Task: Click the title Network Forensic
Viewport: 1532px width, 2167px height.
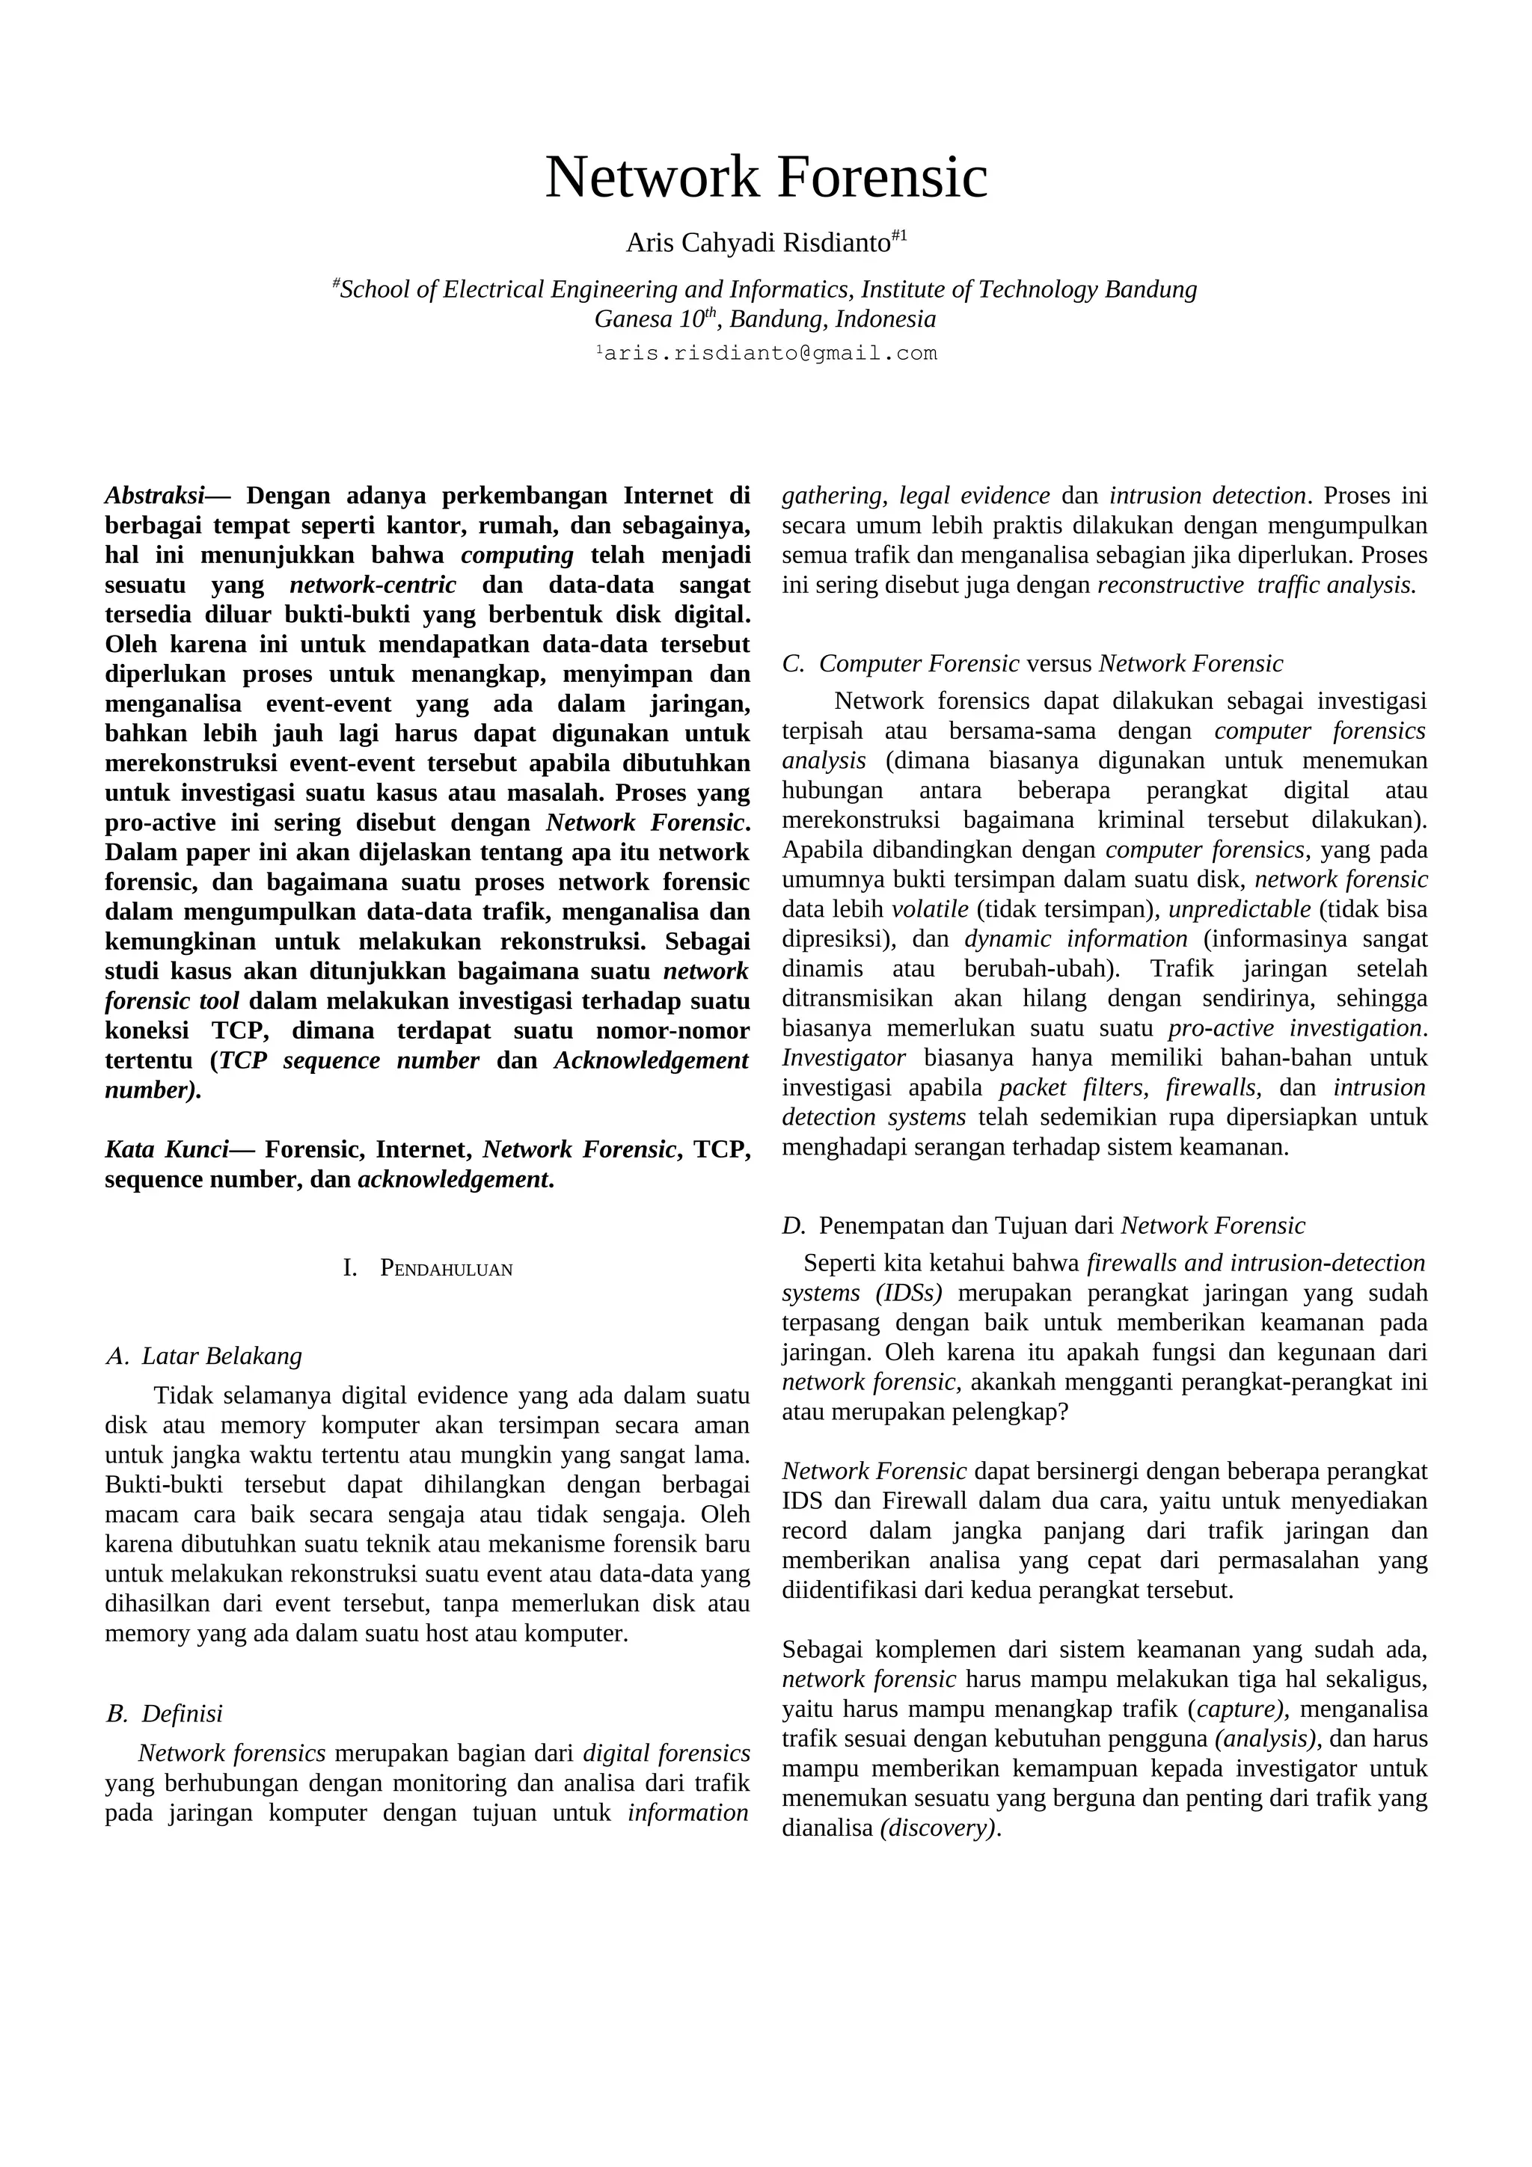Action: [x=765, y=177]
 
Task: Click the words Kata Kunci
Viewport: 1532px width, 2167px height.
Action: [x=166, y=1149]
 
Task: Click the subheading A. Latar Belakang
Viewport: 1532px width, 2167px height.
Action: [x=205, y=1356]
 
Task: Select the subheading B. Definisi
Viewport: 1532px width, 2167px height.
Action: [x=165, y=1713]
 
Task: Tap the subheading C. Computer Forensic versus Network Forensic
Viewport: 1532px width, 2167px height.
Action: [x=1032, y=663]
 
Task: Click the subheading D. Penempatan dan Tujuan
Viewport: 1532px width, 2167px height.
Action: [x=1043, y=1226]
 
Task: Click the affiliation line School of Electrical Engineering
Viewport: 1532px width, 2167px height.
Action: [x=765, y=289]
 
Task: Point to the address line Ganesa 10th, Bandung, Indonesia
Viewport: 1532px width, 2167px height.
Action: [x=765, y=319]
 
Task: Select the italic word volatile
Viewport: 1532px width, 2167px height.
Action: [x=930, y=909]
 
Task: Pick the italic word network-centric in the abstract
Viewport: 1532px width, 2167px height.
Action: [x=373, y=585]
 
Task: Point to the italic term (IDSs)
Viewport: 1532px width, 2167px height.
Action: [x=909, y=1293]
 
